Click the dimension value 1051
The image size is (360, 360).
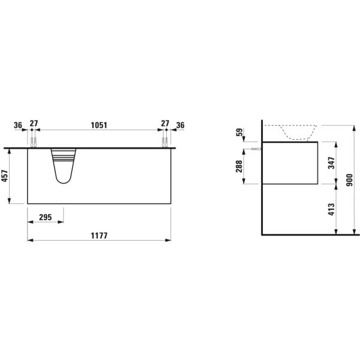point(99,125)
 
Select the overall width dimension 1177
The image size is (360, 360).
point(99,236)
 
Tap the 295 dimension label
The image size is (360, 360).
point(46,217)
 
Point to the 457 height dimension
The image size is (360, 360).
point(5,176)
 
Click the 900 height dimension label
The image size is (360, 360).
point(349,180)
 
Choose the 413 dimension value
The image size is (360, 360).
point(331,209)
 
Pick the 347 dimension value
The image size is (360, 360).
point(331,163)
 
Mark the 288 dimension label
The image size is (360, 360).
point(239,166)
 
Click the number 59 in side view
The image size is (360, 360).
point(239,132)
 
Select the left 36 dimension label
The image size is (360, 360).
point(18,125)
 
